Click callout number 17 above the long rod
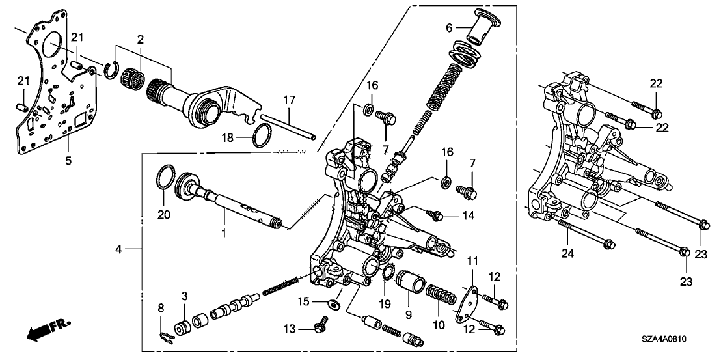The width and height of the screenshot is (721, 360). click(288, 100)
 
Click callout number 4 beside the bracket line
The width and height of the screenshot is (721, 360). click(118, 248)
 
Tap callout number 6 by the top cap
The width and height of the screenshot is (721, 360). click(449, 28)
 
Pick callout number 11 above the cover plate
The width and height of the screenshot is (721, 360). click(472, 261)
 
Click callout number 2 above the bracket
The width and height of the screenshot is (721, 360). click(138, 39)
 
